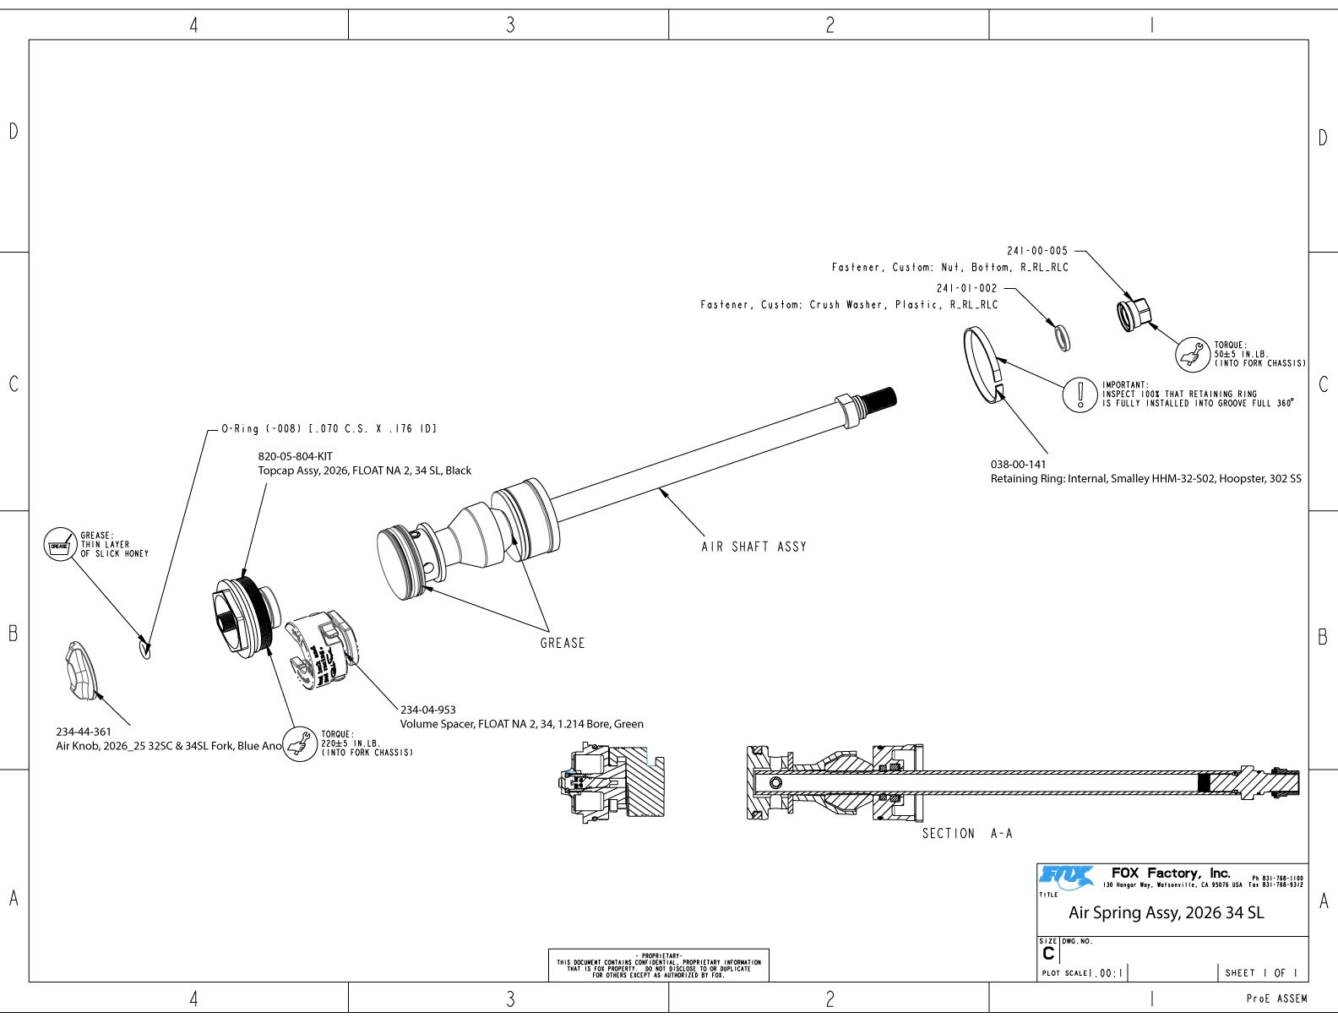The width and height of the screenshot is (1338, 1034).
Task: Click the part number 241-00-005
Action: click(1036, 251)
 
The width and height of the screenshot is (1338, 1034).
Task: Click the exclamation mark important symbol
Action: click(1080, 394)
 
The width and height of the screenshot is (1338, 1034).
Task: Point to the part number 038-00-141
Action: click(1018, 465)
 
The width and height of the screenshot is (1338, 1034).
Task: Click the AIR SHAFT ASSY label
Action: click(753, 547)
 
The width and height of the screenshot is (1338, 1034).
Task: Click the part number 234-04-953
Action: click(427, 710)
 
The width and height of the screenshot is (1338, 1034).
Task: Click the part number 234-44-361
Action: click(83, 732)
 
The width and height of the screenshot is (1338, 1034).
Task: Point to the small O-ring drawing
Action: click(144, 648)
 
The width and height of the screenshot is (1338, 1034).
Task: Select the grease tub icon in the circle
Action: click(60, 545)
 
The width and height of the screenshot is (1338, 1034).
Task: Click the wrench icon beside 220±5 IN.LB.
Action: click(299, 743)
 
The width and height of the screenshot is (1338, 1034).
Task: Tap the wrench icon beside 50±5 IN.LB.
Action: click(1193, 354)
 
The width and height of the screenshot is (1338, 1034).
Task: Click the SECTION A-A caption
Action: click(966, 834)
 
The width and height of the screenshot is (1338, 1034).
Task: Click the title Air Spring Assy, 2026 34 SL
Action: click(1166, 913)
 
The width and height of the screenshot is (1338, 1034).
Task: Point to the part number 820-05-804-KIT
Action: click(295, 457)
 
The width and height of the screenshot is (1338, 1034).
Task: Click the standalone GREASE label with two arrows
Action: click(563, 644)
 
